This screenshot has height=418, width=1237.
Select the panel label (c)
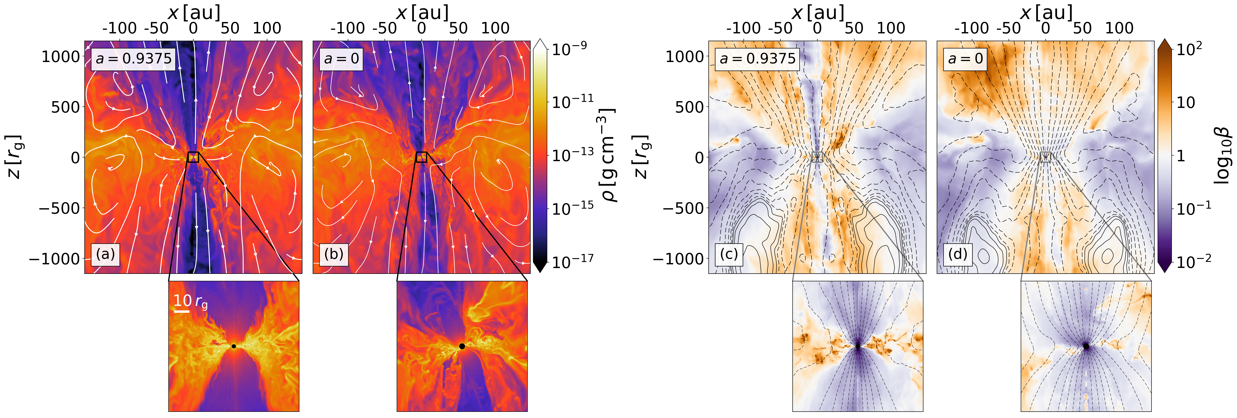[x=728, y=254]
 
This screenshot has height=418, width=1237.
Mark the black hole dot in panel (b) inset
[x=462, y=346]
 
